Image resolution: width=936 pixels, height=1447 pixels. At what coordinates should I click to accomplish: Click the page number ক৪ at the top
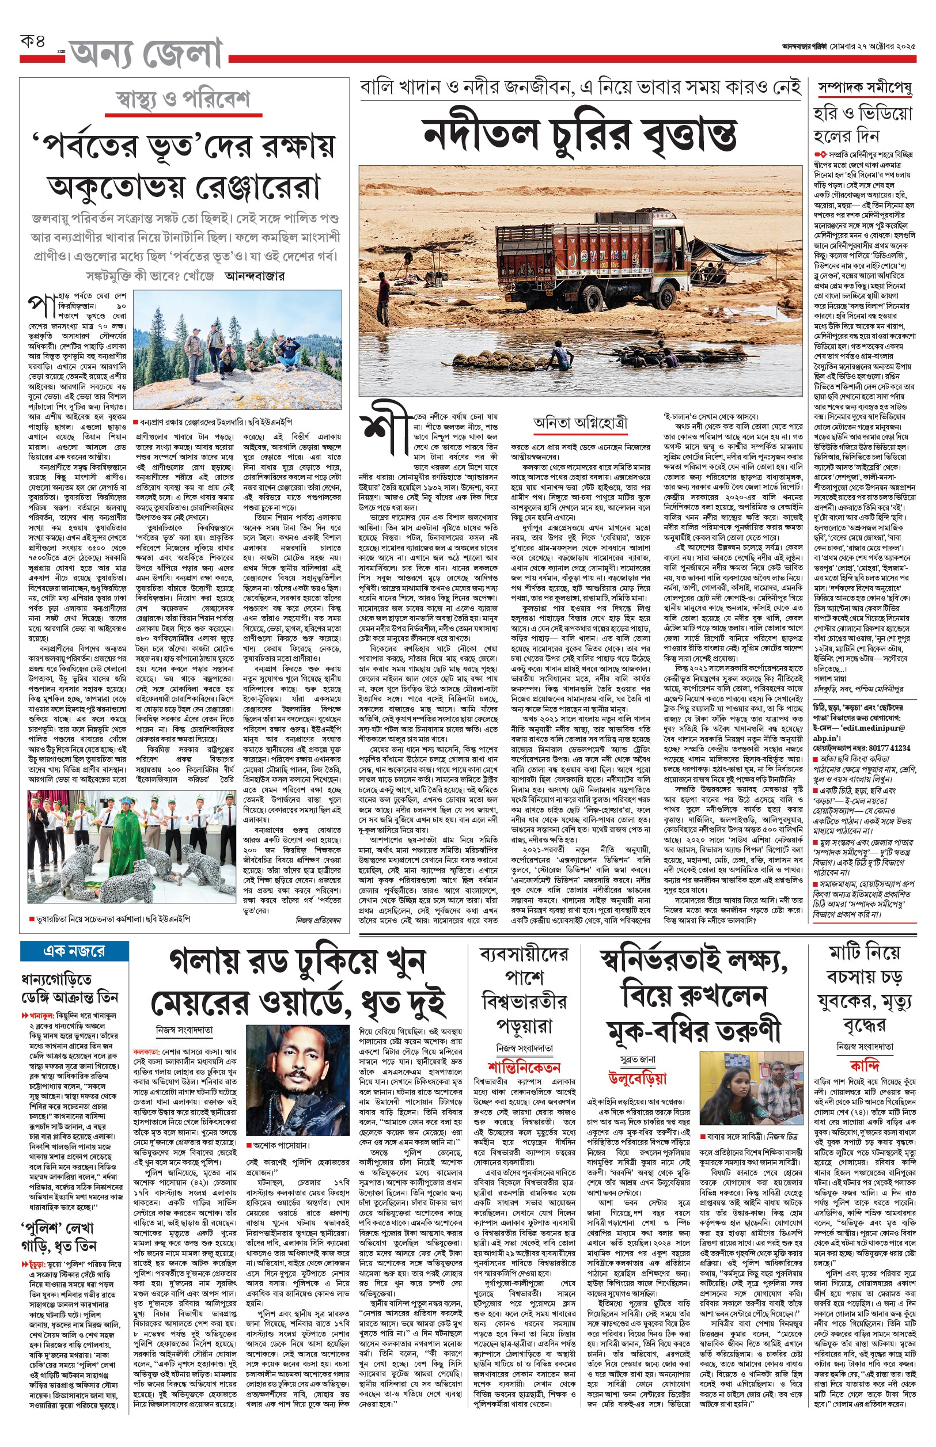[33, 42]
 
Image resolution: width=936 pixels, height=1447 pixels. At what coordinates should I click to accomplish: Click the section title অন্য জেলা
[146, 54]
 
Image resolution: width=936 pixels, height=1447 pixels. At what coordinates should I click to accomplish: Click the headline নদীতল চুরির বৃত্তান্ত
[580, 134]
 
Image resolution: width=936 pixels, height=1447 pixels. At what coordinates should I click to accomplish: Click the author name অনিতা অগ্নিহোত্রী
[580, 423]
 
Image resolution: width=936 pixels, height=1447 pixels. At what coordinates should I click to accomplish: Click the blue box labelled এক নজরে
[74, 951]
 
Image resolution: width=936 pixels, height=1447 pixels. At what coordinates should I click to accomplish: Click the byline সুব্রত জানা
[637, 1059]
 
